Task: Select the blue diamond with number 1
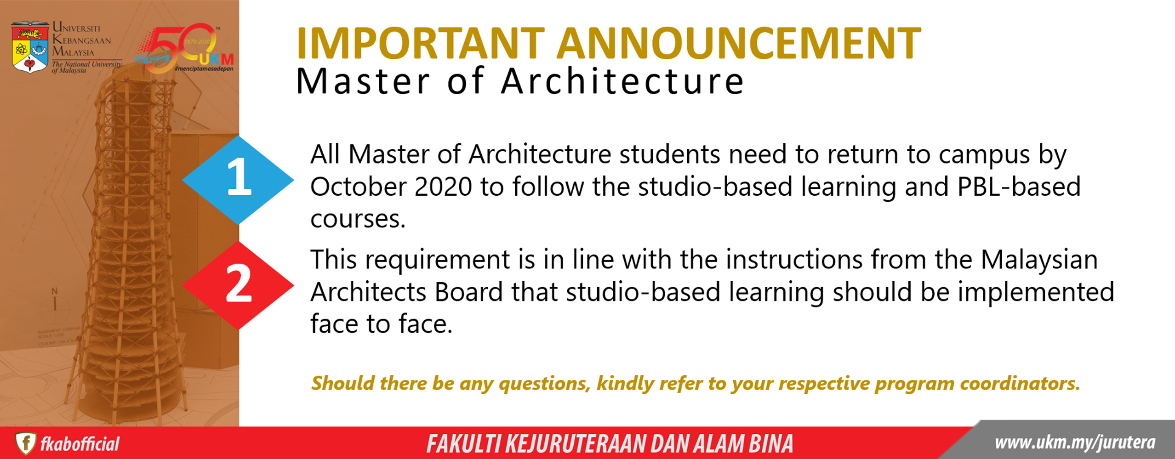(238, 180)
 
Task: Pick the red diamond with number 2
(238, 285)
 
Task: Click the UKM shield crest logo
(30, 47)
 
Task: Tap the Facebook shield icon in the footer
(26, 443)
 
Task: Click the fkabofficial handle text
(80, 444)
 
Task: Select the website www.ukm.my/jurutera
(1075, 443)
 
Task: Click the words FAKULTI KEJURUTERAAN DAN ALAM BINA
(610, 444)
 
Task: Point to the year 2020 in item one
(443, 187)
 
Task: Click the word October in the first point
(359, 187)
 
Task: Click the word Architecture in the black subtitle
(622, 81)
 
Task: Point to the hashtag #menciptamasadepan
(204, 69)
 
